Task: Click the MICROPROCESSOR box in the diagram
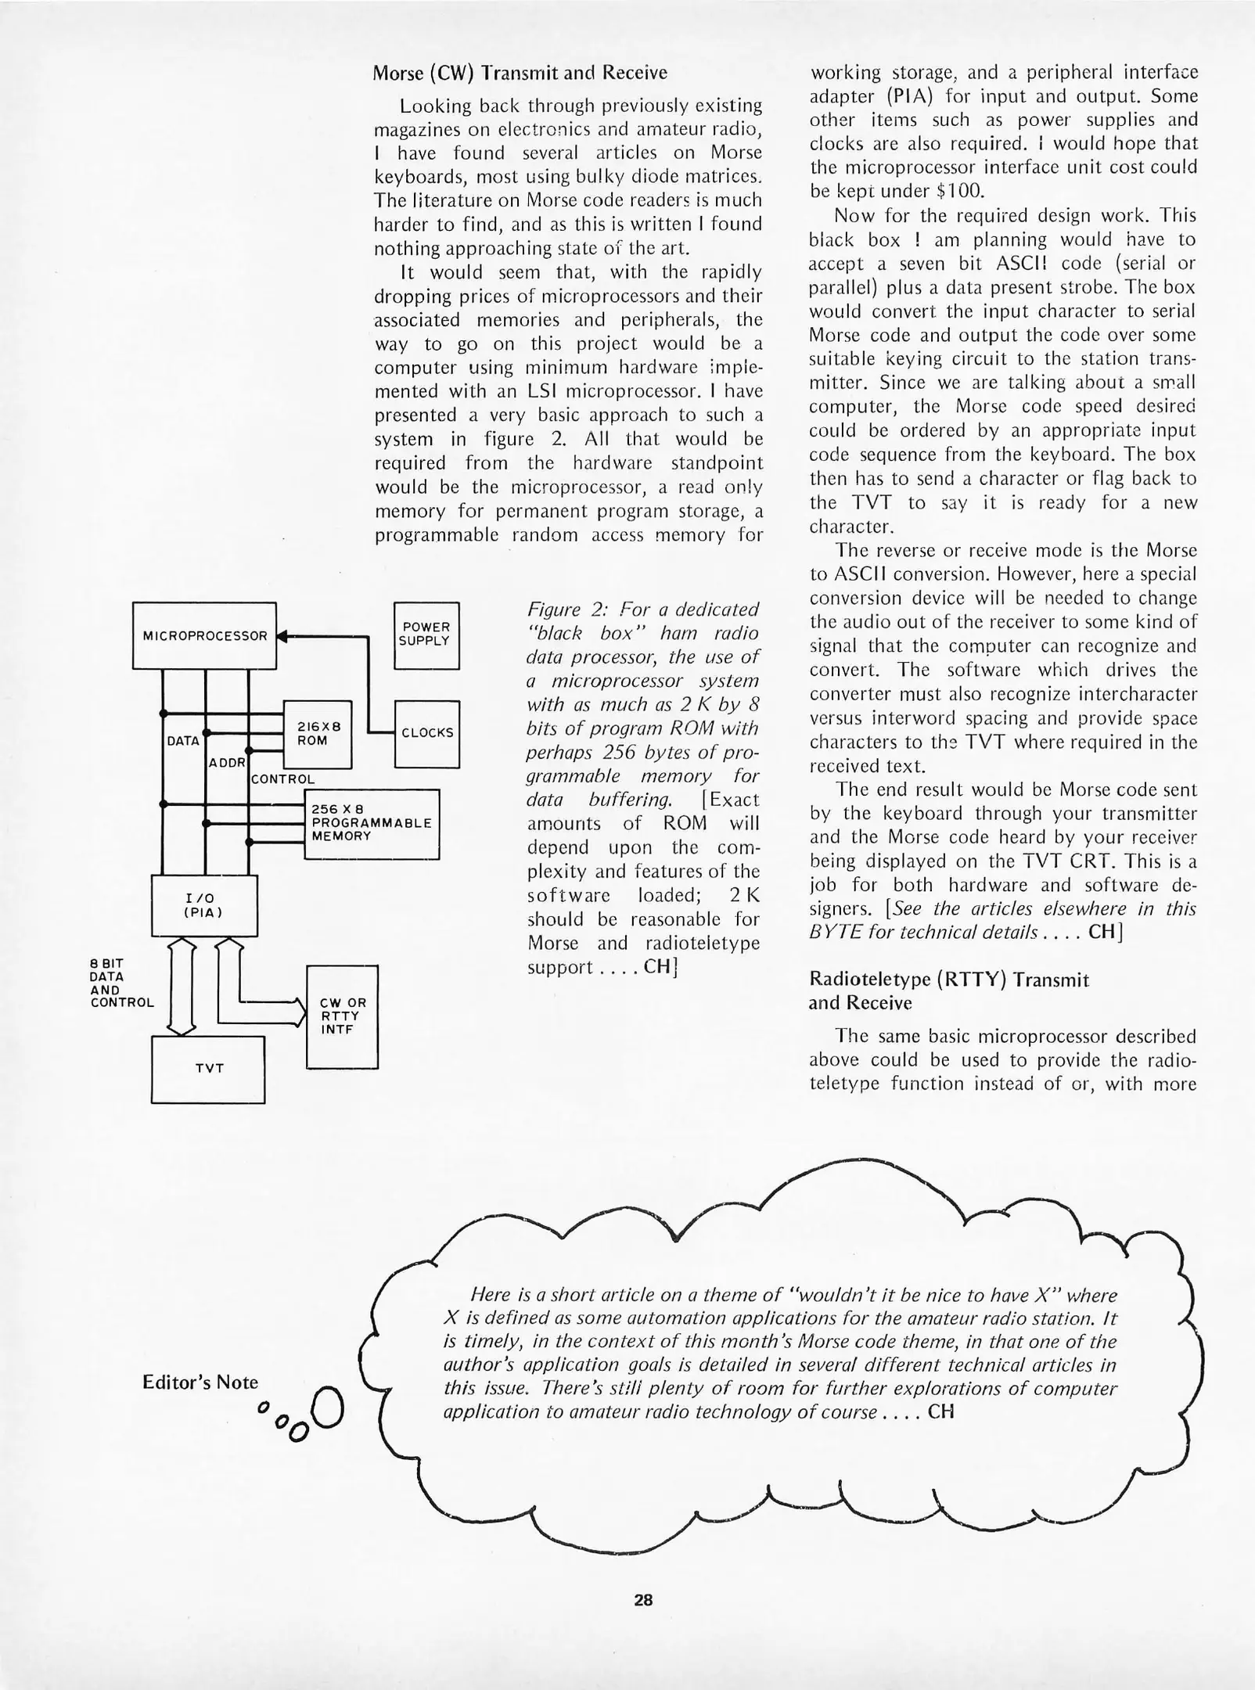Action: click(204, 635)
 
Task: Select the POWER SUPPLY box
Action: click(426, 635)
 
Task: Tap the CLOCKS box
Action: click(426, 733)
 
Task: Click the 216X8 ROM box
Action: click(317, 734)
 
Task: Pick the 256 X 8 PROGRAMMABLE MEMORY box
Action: click(371, 824)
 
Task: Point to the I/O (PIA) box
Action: click(203, 905)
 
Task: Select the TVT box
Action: click(208, 1069)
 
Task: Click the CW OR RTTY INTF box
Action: click(342, 1016)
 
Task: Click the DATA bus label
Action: click(183, 741)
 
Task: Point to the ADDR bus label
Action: click(227, 762)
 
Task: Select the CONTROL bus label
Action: click(282, 779)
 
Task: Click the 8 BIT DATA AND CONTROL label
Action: click(121, 983)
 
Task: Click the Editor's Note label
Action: click(200, 1382)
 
